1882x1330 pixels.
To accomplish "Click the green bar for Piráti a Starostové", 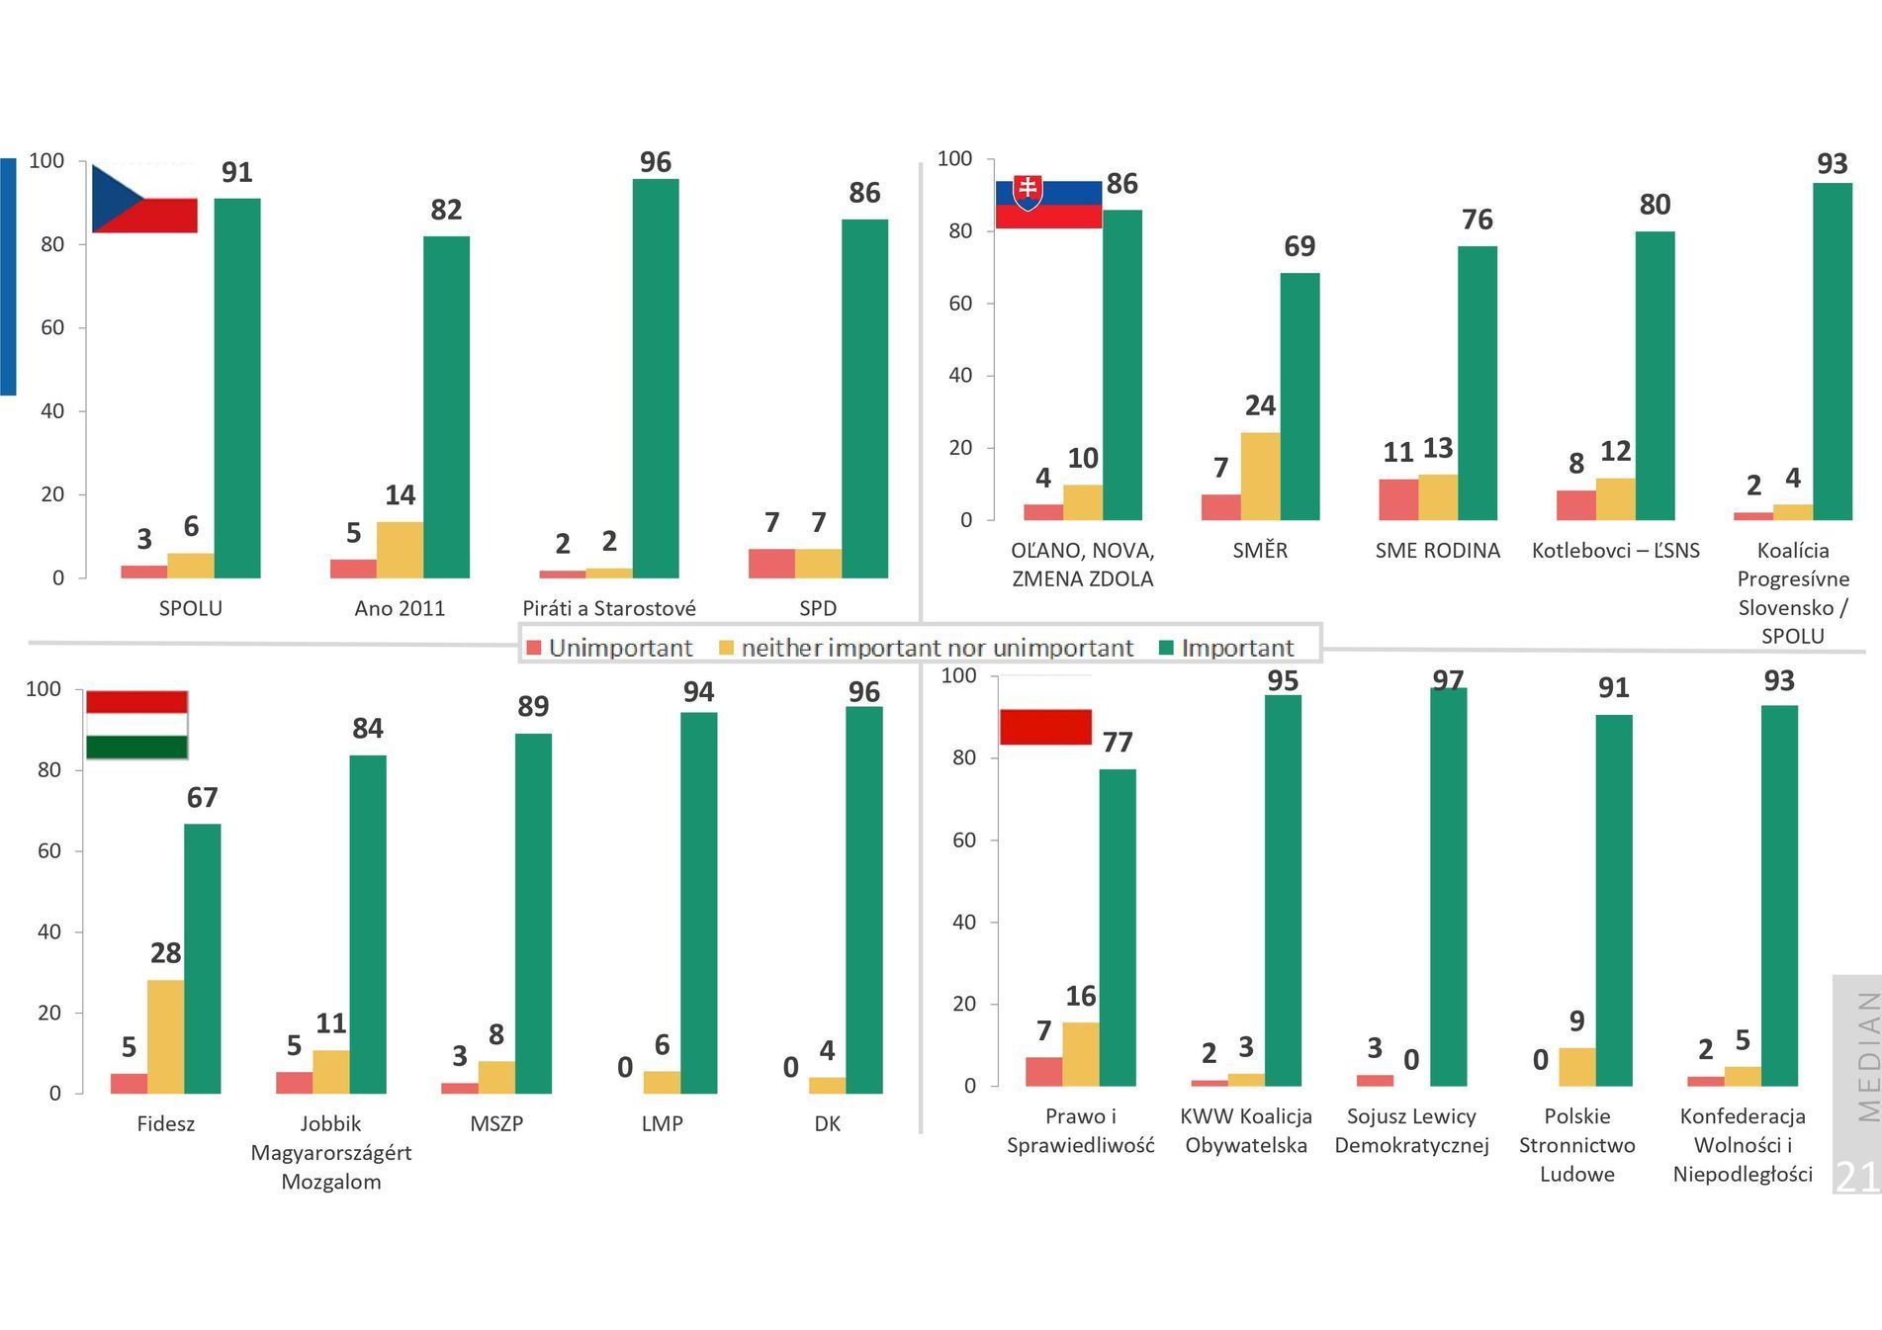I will click(656, 378).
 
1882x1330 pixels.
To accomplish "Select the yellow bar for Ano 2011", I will click(400, 550).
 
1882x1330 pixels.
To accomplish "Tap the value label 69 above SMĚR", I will click(1299, 246).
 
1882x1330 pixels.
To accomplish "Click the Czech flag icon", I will click(144, 199).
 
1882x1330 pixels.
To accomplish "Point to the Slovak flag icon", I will click(1048, 204).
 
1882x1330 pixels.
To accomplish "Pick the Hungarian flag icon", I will click(136, 725).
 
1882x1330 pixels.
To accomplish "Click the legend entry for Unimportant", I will click(609, 648).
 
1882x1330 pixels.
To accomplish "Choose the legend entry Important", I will click(1226, 648).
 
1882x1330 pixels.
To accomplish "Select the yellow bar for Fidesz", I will click(165, 1036).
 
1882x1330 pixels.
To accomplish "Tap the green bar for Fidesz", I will click(203, 958).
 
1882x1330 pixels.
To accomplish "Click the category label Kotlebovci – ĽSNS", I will click(1615, 551).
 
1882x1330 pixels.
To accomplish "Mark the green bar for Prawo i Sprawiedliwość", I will click(1118, 928).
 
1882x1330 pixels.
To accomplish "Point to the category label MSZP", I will click(496, 1124).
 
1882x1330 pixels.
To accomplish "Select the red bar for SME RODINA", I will click(1398, 499).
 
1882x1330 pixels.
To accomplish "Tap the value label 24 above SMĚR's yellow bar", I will click(1260, 405).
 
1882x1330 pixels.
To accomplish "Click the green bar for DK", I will click(864, 900).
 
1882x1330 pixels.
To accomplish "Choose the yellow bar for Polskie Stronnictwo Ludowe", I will click(1577, 1067).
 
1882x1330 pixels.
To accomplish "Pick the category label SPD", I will click(818, 608).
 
